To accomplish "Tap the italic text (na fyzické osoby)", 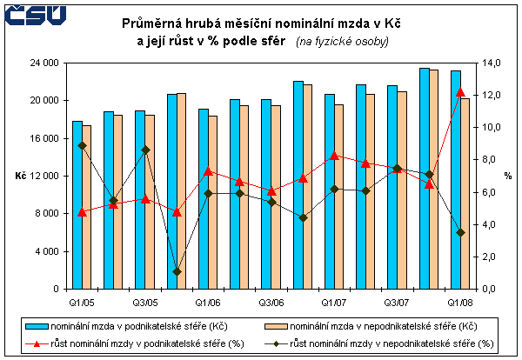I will pos(342,42).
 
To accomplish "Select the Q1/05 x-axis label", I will pos(82,302).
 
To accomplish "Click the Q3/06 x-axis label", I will pos(271,302).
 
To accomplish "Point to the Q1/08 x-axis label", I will pos(460,302).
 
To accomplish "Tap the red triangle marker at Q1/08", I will pos(460,92).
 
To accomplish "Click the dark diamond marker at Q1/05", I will pos(82,145).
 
